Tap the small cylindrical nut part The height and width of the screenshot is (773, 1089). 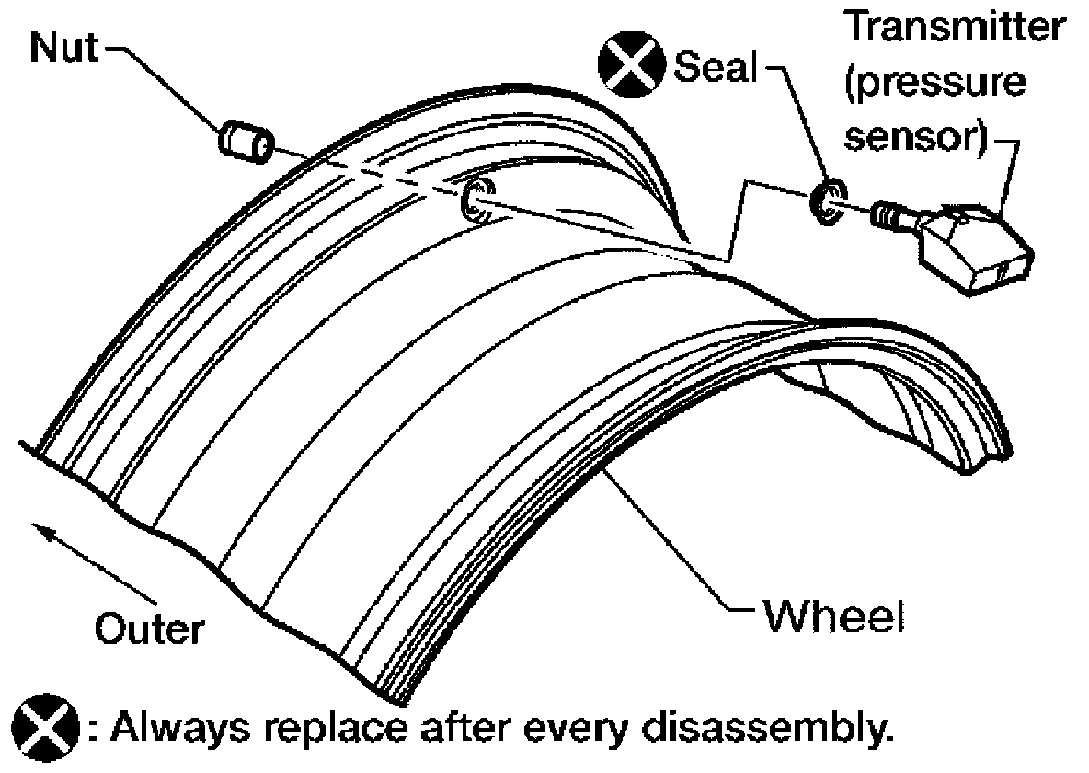tap(245, 141)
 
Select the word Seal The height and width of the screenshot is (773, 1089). tap(716, 66)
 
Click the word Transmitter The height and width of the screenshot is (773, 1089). tap(957, 27)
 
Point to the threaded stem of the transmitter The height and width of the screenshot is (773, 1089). tap(895, 216)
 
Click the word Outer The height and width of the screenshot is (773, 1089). tap(150, 630)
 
